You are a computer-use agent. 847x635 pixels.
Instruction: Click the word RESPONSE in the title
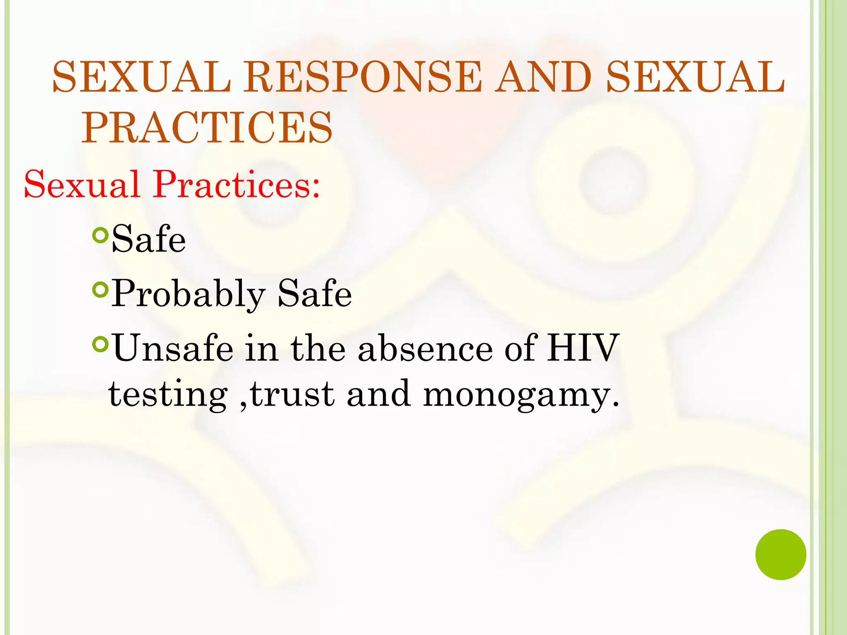[362, 77]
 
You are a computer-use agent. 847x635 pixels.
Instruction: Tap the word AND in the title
[544, 77]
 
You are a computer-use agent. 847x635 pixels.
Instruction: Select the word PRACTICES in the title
[207, 128]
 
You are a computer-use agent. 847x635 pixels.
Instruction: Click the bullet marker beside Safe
[100, 235]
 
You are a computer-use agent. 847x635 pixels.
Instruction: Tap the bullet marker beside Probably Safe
[100, 289]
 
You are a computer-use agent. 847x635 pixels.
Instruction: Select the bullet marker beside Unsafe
[100, 344]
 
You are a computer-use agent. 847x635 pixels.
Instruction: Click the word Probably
[188, 294]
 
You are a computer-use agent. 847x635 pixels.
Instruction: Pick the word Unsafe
[173, 349]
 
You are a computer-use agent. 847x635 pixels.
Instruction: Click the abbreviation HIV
[583, 349]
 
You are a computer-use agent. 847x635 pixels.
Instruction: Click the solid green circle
[780, 554]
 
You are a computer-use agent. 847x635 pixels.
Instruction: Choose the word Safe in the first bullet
[148, 239]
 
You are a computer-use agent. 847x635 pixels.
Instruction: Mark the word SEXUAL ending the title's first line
[695, 77]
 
